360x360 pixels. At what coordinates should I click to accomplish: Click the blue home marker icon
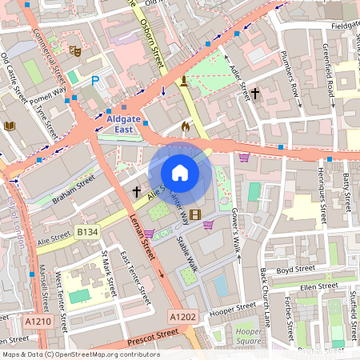click(x=180, y=173)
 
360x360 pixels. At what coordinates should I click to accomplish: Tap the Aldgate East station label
click(x=124, y=124)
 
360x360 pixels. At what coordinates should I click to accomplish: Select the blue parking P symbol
click(x=96, y=81)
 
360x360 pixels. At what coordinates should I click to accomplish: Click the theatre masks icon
click(x=75, y=51)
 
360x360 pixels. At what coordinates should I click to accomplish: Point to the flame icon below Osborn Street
click(x=186, y=126)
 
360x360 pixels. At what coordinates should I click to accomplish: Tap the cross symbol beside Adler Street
click(x=255, y=94)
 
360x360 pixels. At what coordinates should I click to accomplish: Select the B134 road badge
click(x=87, y=232)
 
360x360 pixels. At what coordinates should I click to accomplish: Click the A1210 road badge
click(x=38, y=322)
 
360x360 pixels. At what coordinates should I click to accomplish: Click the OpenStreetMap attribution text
click(x=80, y=354)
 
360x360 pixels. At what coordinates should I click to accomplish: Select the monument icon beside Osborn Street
click(x=185, y=81)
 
